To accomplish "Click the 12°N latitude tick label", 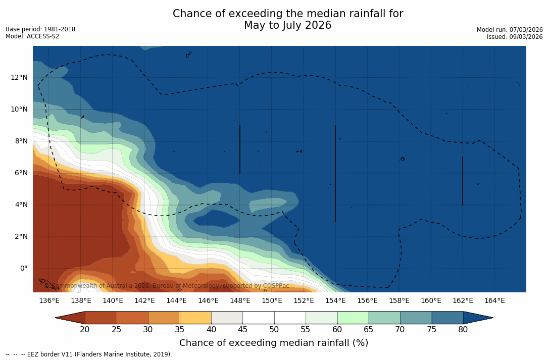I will point(19,78).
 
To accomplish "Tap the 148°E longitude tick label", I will point(240,301).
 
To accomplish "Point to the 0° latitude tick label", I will point(24,269).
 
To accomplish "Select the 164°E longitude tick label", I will point(494,301).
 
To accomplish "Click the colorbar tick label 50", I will point(274,330).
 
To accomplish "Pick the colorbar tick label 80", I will point(463,330).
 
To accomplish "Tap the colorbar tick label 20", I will point(85,330).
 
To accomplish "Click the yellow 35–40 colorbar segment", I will point(195,318).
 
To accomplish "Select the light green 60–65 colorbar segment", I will point(353,318).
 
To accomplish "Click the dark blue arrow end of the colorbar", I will point(477,318).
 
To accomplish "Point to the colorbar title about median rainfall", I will point(273,343).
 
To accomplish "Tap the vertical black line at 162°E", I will point(463,181).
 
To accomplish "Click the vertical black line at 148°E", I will point(240,149).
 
